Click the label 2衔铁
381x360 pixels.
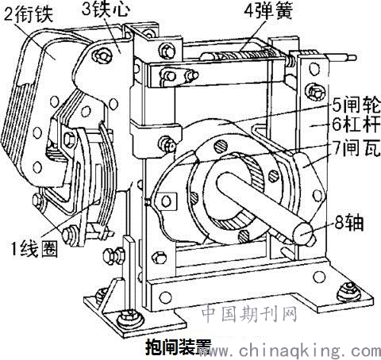pos(29,13)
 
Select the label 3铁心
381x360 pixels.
pos(106,10)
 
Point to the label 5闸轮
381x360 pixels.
pos(356,105)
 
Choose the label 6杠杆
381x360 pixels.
pos(356,124)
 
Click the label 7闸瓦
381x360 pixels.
pos(356,147)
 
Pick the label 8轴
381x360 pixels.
pos(348,223)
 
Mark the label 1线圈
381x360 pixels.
pos(34,249)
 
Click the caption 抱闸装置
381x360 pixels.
pos(179,347)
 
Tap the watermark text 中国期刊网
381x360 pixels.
pos(248,314)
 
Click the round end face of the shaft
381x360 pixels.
pos(302,232)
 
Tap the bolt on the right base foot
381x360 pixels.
pos(349,291)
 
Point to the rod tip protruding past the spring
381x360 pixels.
pos(352,58)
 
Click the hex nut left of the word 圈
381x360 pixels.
pos(69,235)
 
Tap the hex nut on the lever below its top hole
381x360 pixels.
pos(315,92)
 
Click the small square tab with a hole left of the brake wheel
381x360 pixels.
pos(166,201)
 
